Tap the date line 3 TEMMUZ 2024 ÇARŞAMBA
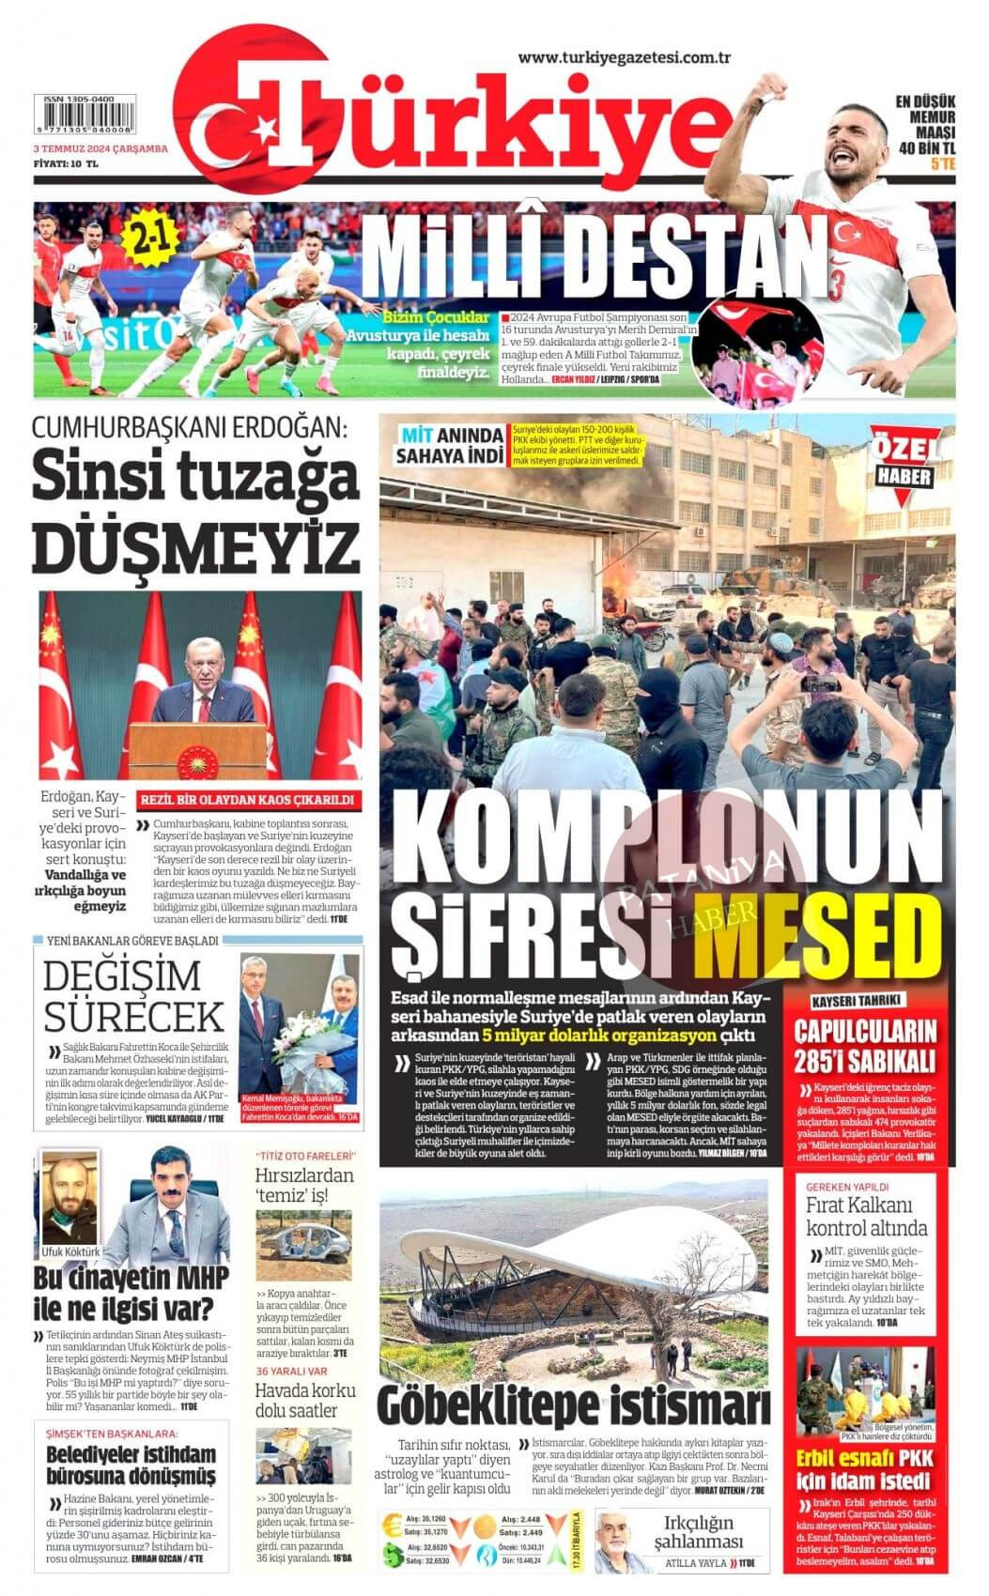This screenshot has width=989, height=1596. click(x=100, y=148)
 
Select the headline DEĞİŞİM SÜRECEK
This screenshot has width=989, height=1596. click(x=133, y=997)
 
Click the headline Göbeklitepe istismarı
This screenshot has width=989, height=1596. click(x=574, y=1405)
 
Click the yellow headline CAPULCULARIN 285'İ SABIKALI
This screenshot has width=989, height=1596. click(x=865, y=1046)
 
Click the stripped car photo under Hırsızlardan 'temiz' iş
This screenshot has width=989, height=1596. click(x=302, y=1242)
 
